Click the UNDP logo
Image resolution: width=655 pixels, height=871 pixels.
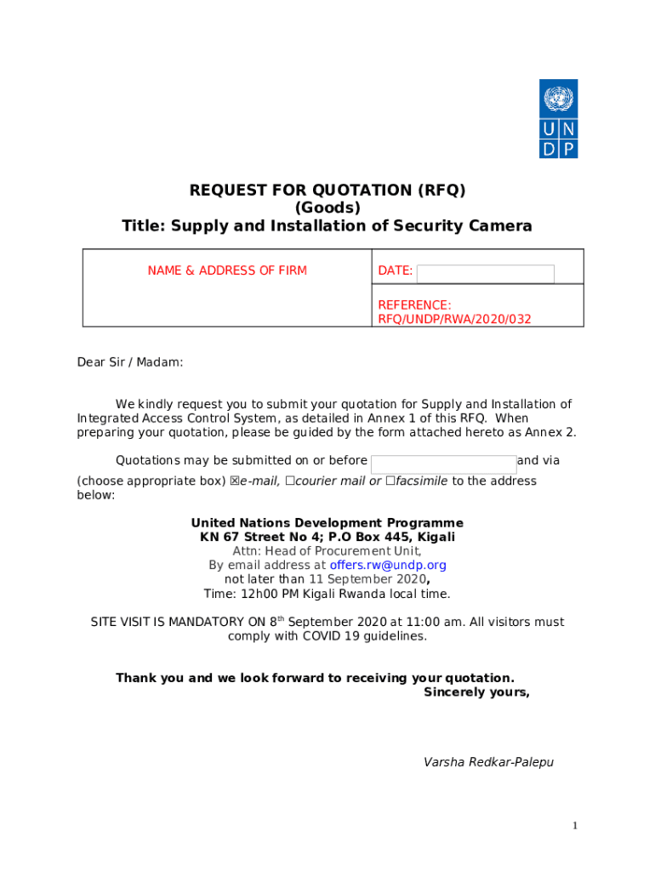coord(558,118)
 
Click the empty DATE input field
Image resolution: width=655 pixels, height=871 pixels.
coord(485,273)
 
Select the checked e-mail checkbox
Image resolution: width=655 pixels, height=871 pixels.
coord(235,481)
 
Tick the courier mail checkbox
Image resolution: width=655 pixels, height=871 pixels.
coord(290,481)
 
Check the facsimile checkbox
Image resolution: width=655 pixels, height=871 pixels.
coord(390,481)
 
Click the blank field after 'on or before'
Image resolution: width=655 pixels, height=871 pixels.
coord(443,464)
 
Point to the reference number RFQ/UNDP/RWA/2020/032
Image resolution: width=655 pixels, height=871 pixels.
coord(454,319)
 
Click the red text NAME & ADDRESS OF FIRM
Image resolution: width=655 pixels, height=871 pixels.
coord(227,270)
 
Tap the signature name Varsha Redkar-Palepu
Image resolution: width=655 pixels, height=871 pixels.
coord(488,762)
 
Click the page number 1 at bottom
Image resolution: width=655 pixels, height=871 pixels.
coord(575,826)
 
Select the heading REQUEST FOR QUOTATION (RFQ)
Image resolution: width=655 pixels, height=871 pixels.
coord(327,191)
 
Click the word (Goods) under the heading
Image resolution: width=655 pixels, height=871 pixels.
coord(327,208)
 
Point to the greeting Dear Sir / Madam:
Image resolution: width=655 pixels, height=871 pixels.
coord(130,362)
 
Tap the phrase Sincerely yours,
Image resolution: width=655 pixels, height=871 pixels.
coord(476,692)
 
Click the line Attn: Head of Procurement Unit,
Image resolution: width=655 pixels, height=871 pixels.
coord(327,551)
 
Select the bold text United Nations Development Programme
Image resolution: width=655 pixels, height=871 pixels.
coord(327,523)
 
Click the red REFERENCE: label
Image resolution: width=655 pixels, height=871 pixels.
coord(414,305)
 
